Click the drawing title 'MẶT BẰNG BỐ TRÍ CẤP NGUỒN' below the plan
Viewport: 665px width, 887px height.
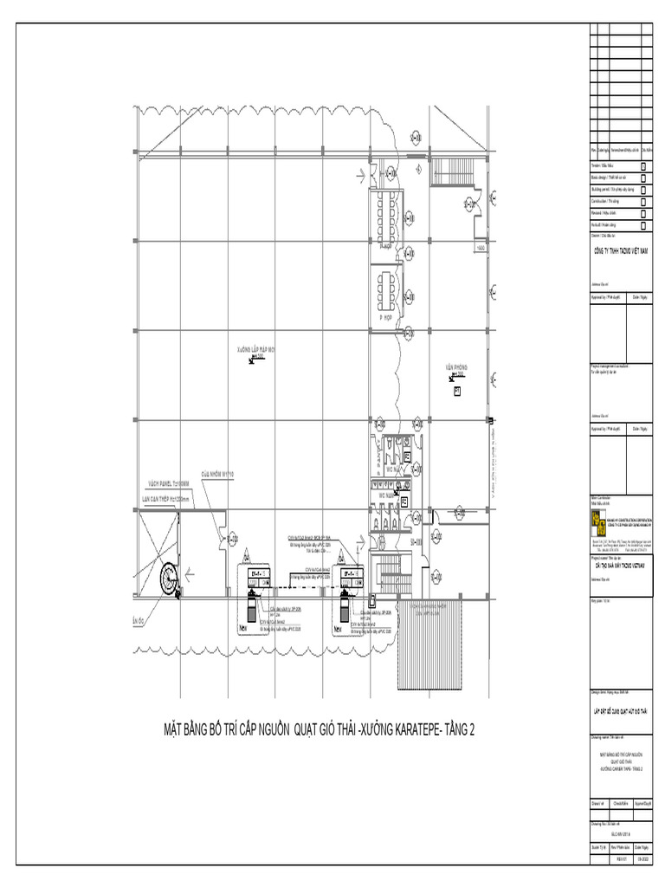coord(320,729)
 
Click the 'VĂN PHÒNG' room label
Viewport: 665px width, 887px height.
coord(456,367)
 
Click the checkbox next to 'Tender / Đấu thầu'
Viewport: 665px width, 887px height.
coord(643,165)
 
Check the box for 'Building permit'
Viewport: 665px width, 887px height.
coord(643,188)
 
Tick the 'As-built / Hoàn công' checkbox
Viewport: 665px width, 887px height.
coord(643,223)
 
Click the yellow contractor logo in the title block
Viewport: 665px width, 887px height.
coord(597,518)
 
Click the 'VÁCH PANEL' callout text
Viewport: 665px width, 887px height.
coord(162,484)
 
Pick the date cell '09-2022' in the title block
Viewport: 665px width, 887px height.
coord(642,858)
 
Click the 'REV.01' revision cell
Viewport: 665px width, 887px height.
coord(620,858)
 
